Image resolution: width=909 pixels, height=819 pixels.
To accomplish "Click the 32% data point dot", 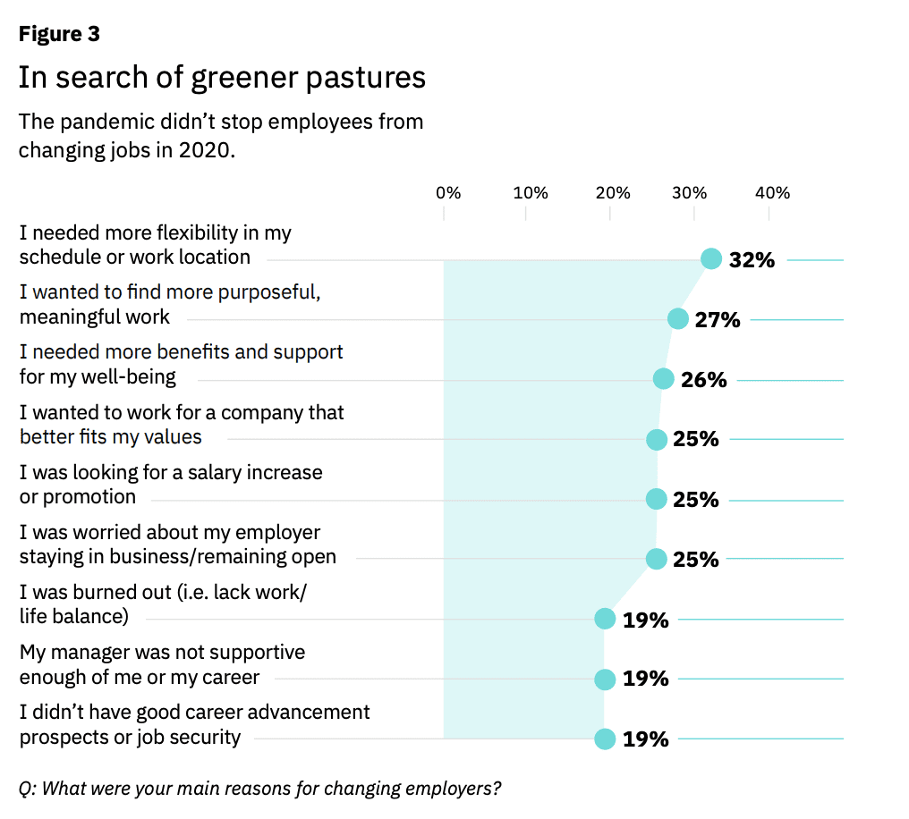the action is click(x=710, y=259).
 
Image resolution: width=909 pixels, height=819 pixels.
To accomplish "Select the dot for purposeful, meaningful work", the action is click(x=677, y=318).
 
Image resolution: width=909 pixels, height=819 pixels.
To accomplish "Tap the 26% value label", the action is click(x=704, y=380).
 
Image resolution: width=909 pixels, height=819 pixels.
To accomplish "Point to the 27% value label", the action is click(x=718, y=320).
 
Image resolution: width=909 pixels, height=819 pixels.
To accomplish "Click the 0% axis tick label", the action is click(x=448, y=193).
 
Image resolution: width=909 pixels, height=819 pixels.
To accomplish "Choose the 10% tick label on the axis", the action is click(x=531, y=193).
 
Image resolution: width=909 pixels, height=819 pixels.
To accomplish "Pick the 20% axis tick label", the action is click(x=613, y=193).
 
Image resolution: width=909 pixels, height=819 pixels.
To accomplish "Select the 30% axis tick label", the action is click(x=689, y=193).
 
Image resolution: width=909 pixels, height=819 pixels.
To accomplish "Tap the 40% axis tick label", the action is click(x=772, y=193).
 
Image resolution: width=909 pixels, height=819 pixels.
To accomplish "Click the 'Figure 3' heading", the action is click(x=59, y=34).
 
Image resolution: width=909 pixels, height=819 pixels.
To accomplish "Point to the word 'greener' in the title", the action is click(x=244, y=78).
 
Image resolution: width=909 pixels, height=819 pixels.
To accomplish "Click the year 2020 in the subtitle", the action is click(x=207, y=150).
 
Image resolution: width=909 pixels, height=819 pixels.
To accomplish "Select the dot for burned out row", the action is click(x=605, y=619).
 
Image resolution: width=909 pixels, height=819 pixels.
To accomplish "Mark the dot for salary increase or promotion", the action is click(x=656, y=499).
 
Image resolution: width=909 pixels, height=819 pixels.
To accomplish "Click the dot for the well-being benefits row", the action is click(x=664, y=379).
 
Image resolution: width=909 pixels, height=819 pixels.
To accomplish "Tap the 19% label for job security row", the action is click(x=646, y=739).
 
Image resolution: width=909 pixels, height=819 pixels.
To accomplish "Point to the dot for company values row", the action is click(x=657, y=440).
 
